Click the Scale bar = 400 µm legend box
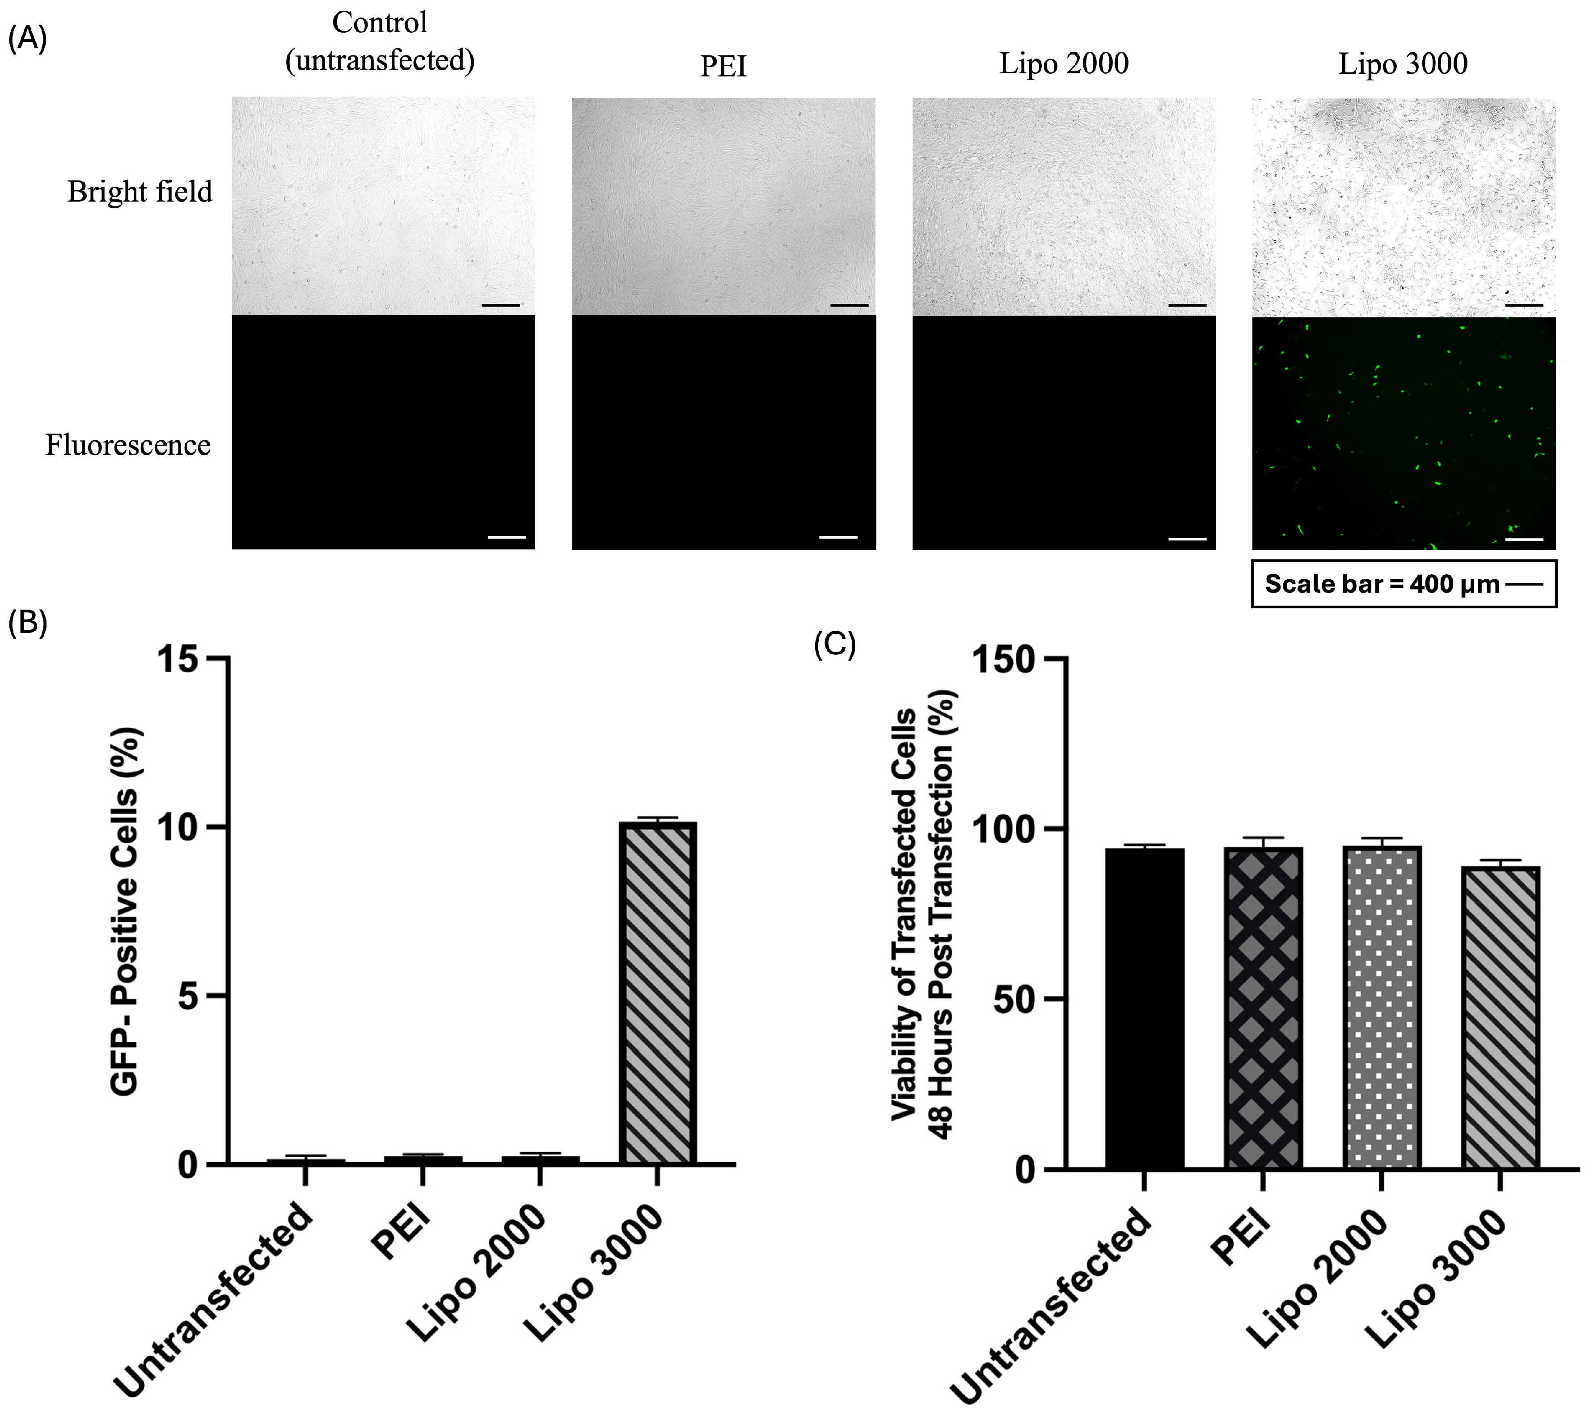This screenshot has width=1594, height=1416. pyautogui.click(x=1403, y=583)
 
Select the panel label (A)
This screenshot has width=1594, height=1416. pyautogui.click(x=27, y=38)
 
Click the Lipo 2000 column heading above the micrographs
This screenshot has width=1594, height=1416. pyautogui.click(x=1064, y=64)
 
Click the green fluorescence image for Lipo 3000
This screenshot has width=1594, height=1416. pyautogui.click(x=1403, y=433)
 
